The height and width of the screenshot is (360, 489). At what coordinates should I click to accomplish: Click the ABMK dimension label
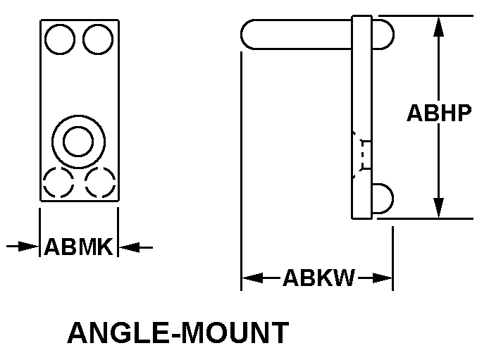[78, 247]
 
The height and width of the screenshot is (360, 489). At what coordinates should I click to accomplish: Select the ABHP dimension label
[439, 113]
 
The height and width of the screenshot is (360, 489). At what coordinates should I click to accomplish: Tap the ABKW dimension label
[318, 278]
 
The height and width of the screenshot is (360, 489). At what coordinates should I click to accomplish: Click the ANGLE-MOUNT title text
[178, 333]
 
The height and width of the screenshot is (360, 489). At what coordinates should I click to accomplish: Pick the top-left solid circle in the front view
[58, 39]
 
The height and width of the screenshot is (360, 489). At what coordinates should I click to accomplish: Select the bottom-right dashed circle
[99, 183]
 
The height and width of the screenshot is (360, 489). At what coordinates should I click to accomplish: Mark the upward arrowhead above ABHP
[439, 27]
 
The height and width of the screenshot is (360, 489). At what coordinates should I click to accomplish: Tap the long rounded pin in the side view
[296, 34]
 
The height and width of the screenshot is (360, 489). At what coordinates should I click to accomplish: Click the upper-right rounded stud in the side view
[382, 34]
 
